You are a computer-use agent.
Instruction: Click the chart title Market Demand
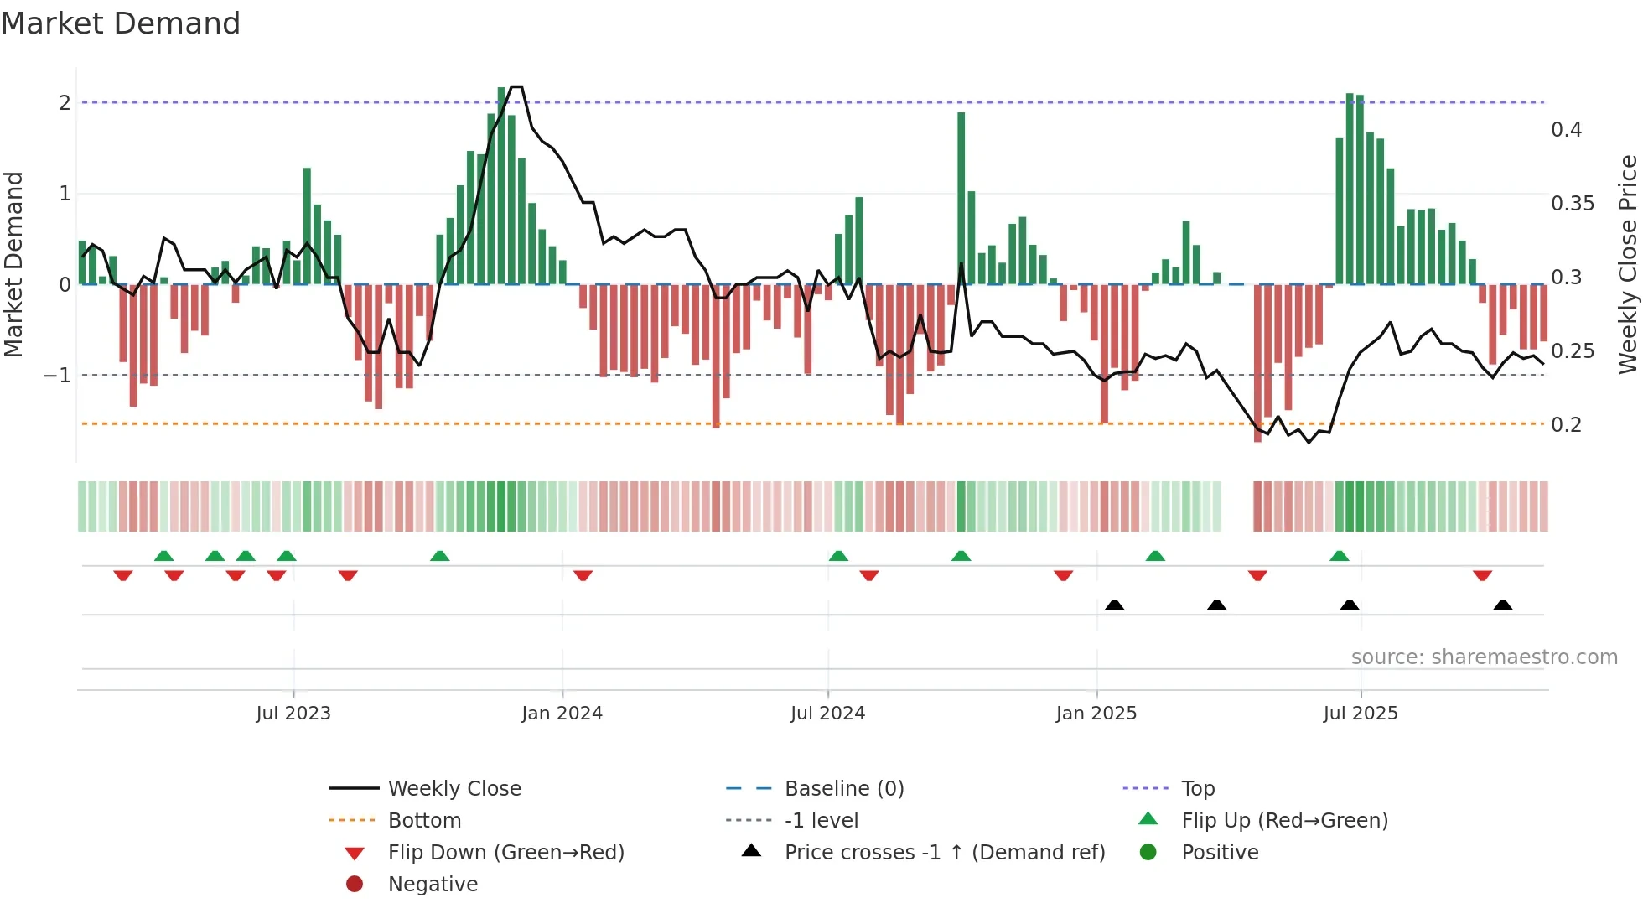click(x=121, y=23)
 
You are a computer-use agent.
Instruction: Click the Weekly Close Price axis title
click(x=1627, y=264)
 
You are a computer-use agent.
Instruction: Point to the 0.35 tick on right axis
click(x=1572, y=204)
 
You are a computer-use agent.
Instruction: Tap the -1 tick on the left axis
click(x=57, y=375)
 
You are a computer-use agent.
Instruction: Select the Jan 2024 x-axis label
click(x=562, y=714)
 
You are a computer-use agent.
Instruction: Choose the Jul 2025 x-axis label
click(x=1360, y=714)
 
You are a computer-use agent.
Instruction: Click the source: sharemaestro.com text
click(x=1484, y=657)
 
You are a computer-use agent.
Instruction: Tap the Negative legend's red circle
click(x=355, y=885)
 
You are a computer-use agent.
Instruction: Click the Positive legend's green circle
click(x=1148, y=853)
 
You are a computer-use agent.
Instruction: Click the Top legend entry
click(x=1197, y=789)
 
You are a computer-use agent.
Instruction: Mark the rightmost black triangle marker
click(x=1503, y=605)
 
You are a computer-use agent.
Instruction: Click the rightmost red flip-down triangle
click(x=1482, y=575)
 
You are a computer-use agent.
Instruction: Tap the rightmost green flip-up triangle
click(x=1340, y=556)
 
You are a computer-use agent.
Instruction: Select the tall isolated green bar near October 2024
click(x=961, y=198)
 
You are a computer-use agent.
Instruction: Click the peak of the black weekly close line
click(x=517, y=87)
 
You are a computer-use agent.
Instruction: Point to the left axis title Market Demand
click(x=13, y=264)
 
